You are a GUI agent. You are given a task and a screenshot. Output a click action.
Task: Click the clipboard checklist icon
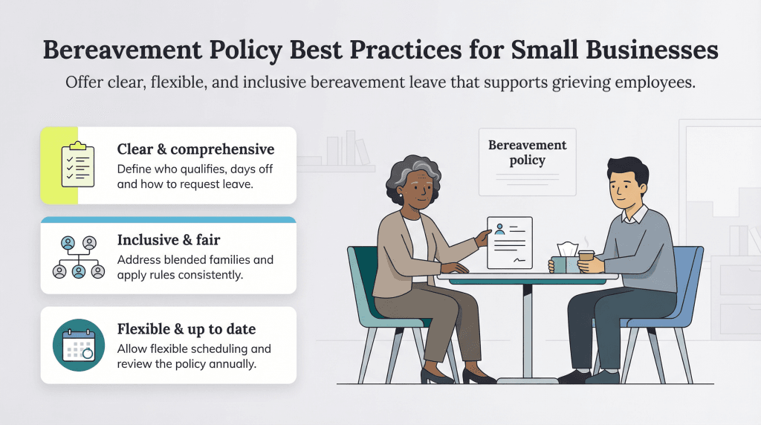[77, 164]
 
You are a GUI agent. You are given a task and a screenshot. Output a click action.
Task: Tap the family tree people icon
[79, 256]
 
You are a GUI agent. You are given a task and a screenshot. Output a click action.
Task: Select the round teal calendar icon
[78, 345]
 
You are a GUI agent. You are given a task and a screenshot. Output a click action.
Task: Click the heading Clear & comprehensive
[195, 149]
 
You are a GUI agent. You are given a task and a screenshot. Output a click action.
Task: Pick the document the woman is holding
[510, 242]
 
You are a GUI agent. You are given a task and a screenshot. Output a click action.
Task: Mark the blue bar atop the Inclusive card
[168, 220]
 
